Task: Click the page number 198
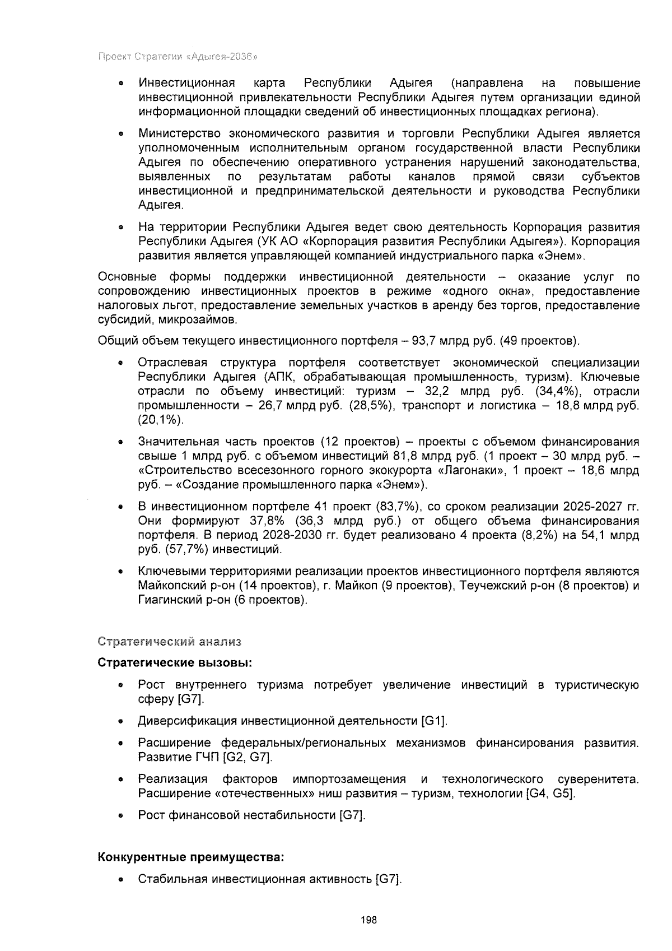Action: [x=369, y=920]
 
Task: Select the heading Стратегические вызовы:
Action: [x=175, y=663]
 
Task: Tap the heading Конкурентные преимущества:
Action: [x=190, y=857]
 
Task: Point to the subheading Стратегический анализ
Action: [x=169, y=641]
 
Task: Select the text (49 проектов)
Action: [x=540, y=341]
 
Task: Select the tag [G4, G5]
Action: [x=551, y=794]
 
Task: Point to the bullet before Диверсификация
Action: [x=120, y=722]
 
